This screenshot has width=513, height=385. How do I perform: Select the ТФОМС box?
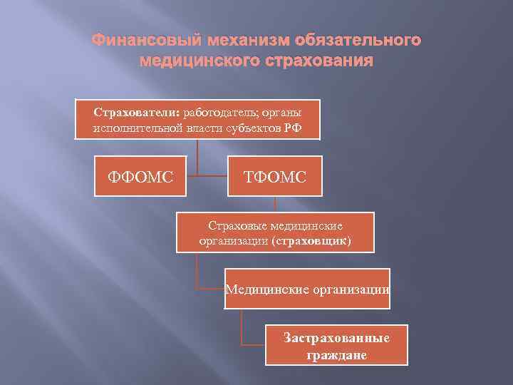274,175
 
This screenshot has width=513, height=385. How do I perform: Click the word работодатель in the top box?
217,113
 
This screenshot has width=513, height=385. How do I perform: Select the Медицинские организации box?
307,289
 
